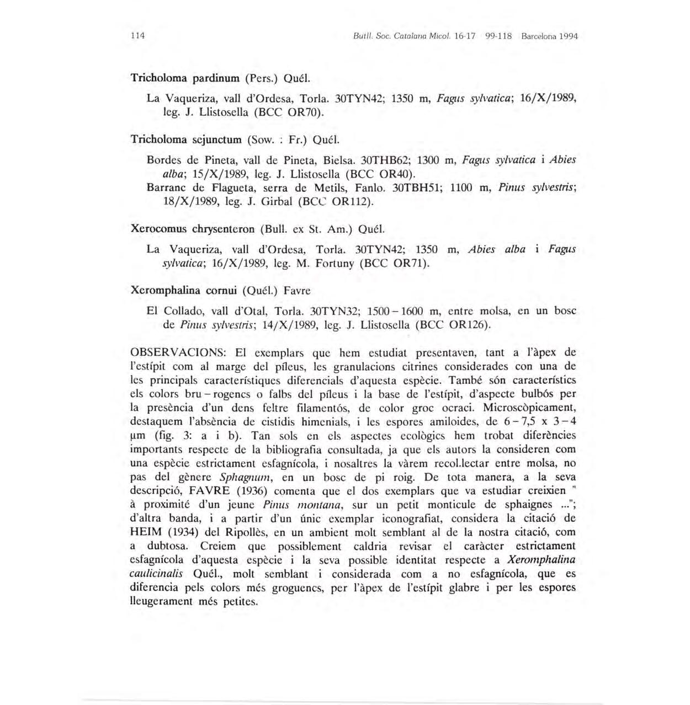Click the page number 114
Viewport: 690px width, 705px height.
[x=137, y=36]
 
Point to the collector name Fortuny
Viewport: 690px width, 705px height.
[x=334, y=263]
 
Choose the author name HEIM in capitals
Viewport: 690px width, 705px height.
[x=146, y=533]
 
